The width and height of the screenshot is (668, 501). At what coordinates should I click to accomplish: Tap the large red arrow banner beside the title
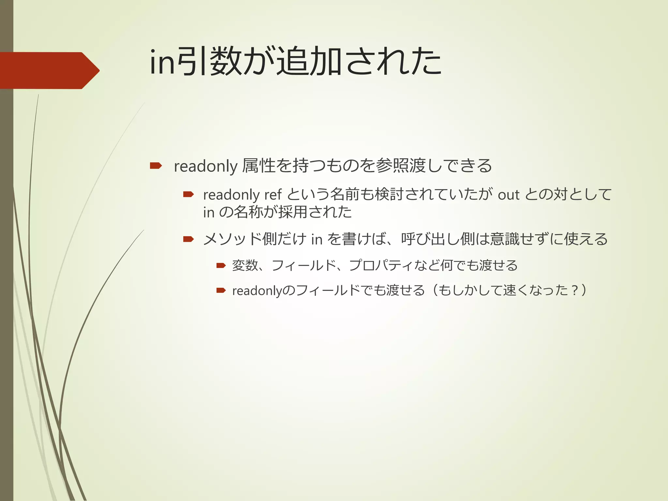click(49, 70)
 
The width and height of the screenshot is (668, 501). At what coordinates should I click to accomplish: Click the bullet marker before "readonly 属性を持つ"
click(156, 166)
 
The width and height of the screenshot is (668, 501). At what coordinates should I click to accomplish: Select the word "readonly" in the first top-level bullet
click(205, 166)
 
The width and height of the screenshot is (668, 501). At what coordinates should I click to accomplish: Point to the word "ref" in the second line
click(273, 195)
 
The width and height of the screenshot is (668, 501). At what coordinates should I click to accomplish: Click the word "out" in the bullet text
click(508, 195)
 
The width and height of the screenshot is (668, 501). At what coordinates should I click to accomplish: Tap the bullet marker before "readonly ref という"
click(188, 195)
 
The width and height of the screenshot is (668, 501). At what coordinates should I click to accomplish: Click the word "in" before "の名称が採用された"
click(209, 212)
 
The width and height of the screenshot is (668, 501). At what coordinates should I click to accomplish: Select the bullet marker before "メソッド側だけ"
click(188, 239)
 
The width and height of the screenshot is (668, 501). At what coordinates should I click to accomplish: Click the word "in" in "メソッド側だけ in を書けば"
click(317, 239)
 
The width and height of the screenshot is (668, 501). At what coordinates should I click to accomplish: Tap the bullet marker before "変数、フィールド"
click(221, 266)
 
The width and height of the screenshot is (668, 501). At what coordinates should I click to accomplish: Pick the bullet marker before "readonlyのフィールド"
click(221, 290)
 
